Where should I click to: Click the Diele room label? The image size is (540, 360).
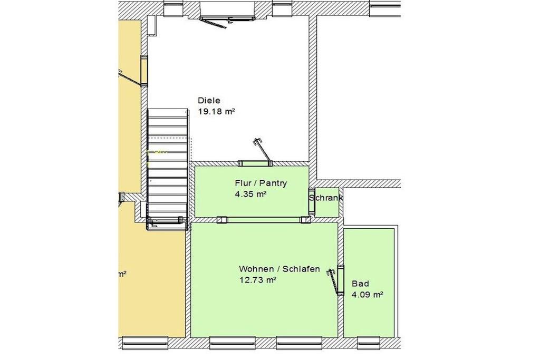209,101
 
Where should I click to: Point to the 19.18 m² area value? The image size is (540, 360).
216,112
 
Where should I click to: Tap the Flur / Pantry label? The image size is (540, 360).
261,183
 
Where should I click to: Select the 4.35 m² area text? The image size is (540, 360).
250,194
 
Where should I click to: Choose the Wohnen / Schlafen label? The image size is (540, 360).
279,269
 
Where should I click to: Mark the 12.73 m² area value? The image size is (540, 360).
258,280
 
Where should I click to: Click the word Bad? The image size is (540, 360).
360,284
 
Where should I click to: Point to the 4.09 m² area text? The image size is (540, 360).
368,295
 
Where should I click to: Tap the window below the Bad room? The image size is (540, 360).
369,343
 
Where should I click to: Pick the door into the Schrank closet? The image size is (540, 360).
312,201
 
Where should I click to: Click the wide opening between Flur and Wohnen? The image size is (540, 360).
264,220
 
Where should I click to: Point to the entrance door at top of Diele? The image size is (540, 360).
227,17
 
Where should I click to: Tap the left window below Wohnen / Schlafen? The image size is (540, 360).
233,343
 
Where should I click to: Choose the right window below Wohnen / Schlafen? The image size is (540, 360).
299,343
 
